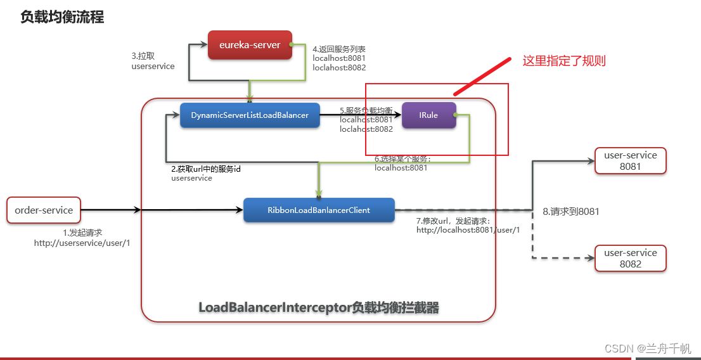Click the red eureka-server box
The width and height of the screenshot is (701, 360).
click(250, 45)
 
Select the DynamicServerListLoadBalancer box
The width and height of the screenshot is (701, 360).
click(250, 115)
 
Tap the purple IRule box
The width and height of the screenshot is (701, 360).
click(428, 115)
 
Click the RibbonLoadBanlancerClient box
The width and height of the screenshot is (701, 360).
click(319, 210)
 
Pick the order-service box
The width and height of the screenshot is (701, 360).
click(44, 210)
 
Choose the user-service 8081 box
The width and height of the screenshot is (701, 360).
click(631, 161)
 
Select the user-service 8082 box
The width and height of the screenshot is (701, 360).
click(631, 259)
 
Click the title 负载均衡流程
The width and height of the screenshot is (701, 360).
click(62, 17)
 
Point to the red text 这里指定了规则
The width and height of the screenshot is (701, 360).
click(564, 61)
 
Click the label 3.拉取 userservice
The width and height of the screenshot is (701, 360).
click(153, 61)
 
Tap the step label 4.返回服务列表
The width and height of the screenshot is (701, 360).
click(339, 49)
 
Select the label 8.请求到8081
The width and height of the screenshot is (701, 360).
click(571, 212)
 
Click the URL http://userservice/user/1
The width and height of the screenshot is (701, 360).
click(82, 243)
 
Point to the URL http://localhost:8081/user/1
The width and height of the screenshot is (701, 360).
click(468, 230)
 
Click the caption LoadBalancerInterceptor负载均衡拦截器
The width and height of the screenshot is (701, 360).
click(319, 307)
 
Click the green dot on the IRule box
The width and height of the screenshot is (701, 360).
click(454, 115)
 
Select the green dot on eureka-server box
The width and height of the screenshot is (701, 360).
click(290, 45)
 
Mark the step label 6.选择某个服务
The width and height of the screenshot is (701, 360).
click(402, 159)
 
